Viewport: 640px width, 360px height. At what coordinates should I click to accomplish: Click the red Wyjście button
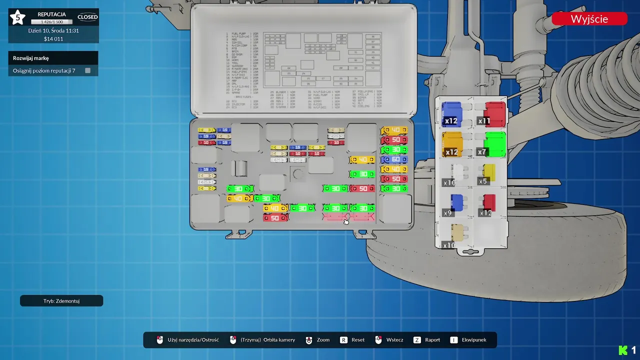tap(589, 19)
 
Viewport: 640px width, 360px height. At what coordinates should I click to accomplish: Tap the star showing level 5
tap(18, 18)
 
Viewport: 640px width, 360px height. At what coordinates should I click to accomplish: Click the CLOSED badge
tap(87, 17)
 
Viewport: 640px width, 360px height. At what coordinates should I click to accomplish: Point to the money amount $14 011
tap(53, 39)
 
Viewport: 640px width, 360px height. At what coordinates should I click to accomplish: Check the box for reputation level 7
tap(87, 70)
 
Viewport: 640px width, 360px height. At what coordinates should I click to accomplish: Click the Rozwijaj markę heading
tap(31, 58)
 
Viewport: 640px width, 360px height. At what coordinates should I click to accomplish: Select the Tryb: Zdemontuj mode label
tap(61, 301)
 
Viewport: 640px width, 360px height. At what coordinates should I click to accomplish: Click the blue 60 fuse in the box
tap(394, 159)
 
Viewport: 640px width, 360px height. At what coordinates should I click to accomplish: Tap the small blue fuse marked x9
tap(456, 203)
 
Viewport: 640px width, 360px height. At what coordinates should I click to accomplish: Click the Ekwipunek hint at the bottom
tap(474, 340)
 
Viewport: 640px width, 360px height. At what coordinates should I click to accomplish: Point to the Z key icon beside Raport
tap(417, 340)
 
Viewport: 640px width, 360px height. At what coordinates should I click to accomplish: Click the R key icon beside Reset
tap(343, 340)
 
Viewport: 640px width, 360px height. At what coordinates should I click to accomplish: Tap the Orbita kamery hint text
tap(268, 340)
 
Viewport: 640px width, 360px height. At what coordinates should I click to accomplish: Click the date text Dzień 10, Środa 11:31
tap(53, 30)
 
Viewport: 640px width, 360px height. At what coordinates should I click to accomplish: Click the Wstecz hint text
tap(394, 340)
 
